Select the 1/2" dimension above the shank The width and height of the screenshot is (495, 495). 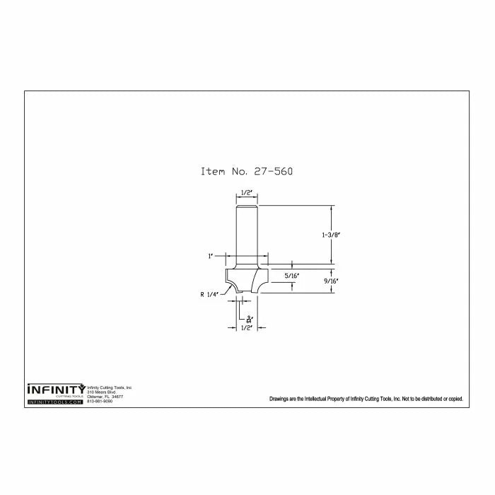(247, 192)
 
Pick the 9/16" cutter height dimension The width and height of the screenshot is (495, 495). (330, 281)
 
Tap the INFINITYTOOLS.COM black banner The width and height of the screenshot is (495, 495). (55, 402)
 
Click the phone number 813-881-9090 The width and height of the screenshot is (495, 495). (100, 401)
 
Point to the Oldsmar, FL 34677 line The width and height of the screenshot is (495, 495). (105, 397)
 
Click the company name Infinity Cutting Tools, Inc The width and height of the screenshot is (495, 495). (110, 388)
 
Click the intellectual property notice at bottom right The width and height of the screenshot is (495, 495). (366, 399)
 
